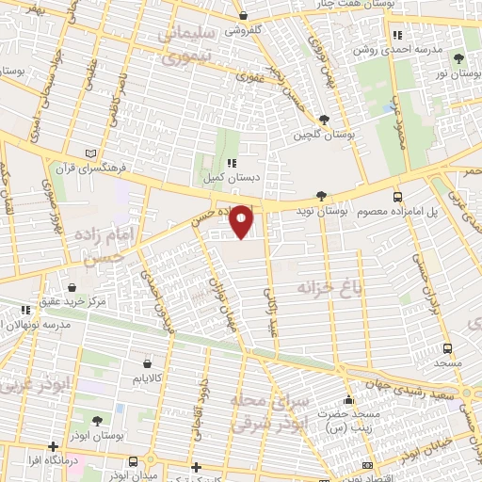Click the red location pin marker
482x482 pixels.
tap(241, 221)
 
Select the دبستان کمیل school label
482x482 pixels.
tap(226, 176)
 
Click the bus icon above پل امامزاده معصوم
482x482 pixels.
tap(398, 198)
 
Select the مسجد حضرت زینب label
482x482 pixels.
tap(347, 422)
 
